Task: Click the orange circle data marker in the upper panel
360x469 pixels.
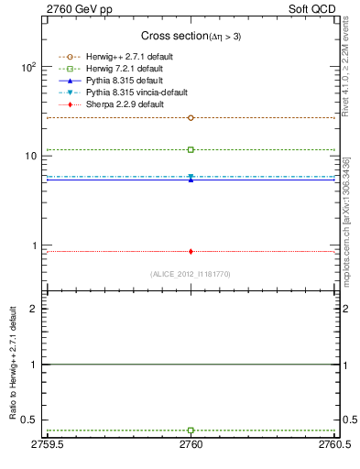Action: [191, 117]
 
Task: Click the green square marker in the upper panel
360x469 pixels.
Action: [191, 149]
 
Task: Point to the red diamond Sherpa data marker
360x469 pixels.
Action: [191, 251]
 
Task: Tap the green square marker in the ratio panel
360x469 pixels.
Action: [191, 430]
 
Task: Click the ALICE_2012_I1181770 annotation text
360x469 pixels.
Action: [191, 273]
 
